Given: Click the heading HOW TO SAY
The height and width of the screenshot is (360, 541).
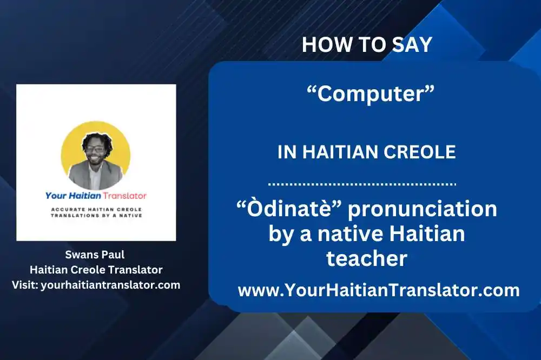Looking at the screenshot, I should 367,45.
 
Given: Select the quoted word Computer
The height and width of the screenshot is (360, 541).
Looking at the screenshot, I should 371,94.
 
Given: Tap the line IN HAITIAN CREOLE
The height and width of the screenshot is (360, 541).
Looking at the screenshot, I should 367,152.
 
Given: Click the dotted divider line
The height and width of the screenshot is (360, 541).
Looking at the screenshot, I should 362,184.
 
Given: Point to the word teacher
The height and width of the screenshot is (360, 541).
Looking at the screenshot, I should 366,258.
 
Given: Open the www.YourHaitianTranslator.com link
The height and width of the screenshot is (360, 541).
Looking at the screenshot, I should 379,290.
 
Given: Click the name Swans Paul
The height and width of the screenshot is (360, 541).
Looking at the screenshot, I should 96,254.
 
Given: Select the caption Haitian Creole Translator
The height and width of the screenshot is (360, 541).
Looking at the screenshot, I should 96,269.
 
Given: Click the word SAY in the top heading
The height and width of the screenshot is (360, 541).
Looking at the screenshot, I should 414,45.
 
